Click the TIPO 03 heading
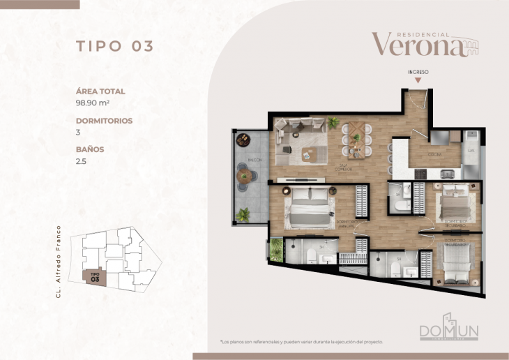click(x=114, y=47)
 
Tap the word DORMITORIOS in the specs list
click(x=104, y=120)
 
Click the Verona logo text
click(x=417, y=45)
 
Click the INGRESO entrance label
click(x=418, y=72)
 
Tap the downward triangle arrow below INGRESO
click(x=418, y=81)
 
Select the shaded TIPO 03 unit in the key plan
click(x=94, y=277)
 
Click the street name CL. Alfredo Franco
click(x=59, y=262)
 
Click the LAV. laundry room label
click(x=471, y=150)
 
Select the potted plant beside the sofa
click(x=333, y=123)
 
